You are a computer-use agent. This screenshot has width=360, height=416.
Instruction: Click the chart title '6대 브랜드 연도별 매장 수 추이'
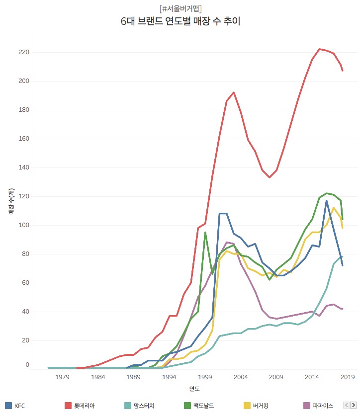[x=180, y=21]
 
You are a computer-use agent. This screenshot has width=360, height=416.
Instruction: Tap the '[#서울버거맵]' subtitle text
[x=180, y=8]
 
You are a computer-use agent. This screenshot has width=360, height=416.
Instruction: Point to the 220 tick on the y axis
[x=23, y=52]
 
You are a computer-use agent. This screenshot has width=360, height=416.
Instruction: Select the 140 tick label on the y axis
[x=23, y=167]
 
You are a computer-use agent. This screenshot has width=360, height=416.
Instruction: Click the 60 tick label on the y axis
[x=25, y=283]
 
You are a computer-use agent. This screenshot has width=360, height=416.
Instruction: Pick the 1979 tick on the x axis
[x=62, y=377]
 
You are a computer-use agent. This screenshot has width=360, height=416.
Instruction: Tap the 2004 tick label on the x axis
[x=241, y=377]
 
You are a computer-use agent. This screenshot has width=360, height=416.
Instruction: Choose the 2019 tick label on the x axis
[x=348, y=377]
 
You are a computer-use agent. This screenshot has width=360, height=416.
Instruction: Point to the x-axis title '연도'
[x=194, y=388]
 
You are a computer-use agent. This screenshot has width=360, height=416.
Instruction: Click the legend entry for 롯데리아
[x=80, y=406]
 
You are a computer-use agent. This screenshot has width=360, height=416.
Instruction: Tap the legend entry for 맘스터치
[x=139, y=406]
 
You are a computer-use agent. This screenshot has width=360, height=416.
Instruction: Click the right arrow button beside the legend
[x=354, y=406]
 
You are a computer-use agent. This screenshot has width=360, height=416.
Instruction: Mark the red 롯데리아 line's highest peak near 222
[x=319, y=49]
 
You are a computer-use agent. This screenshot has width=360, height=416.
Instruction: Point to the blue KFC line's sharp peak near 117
[x=327, y=201]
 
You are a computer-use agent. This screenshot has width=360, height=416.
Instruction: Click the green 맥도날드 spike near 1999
[x=205, y=233]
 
